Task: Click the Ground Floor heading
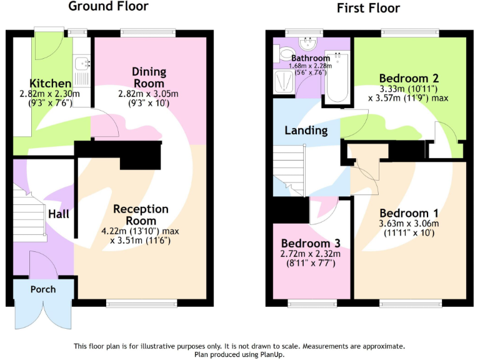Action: (108, 7)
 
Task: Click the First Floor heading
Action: (368, 8)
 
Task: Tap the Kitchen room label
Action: (50, 83)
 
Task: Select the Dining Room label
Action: (149, 77)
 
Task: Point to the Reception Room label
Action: (141, 214)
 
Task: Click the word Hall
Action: (59, 214)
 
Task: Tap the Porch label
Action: (42, 289)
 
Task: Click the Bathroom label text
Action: (309, 58)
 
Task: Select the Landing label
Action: (306, 131)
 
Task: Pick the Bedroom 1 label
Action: (409, 212)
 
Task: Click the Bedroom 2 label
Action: (409, 78)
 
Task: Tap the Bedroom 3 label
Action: (310, 243)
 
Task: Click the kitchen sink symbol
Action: (82, 63)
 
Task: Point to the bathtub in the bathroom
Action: (337, 78)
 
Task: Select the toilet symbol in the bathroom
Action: (284, 54)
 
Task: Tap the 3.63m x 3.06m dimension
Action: (409, 224)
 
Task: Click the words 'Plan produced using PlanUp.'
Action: (240, 354)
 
